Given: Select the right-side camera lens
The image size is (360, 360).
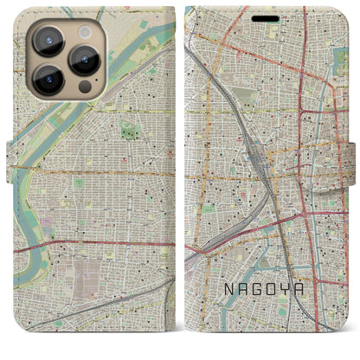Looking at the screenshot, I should pos(85,60).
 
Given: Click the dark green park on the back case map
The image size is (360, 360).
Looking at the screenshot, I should pos(130,132).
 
